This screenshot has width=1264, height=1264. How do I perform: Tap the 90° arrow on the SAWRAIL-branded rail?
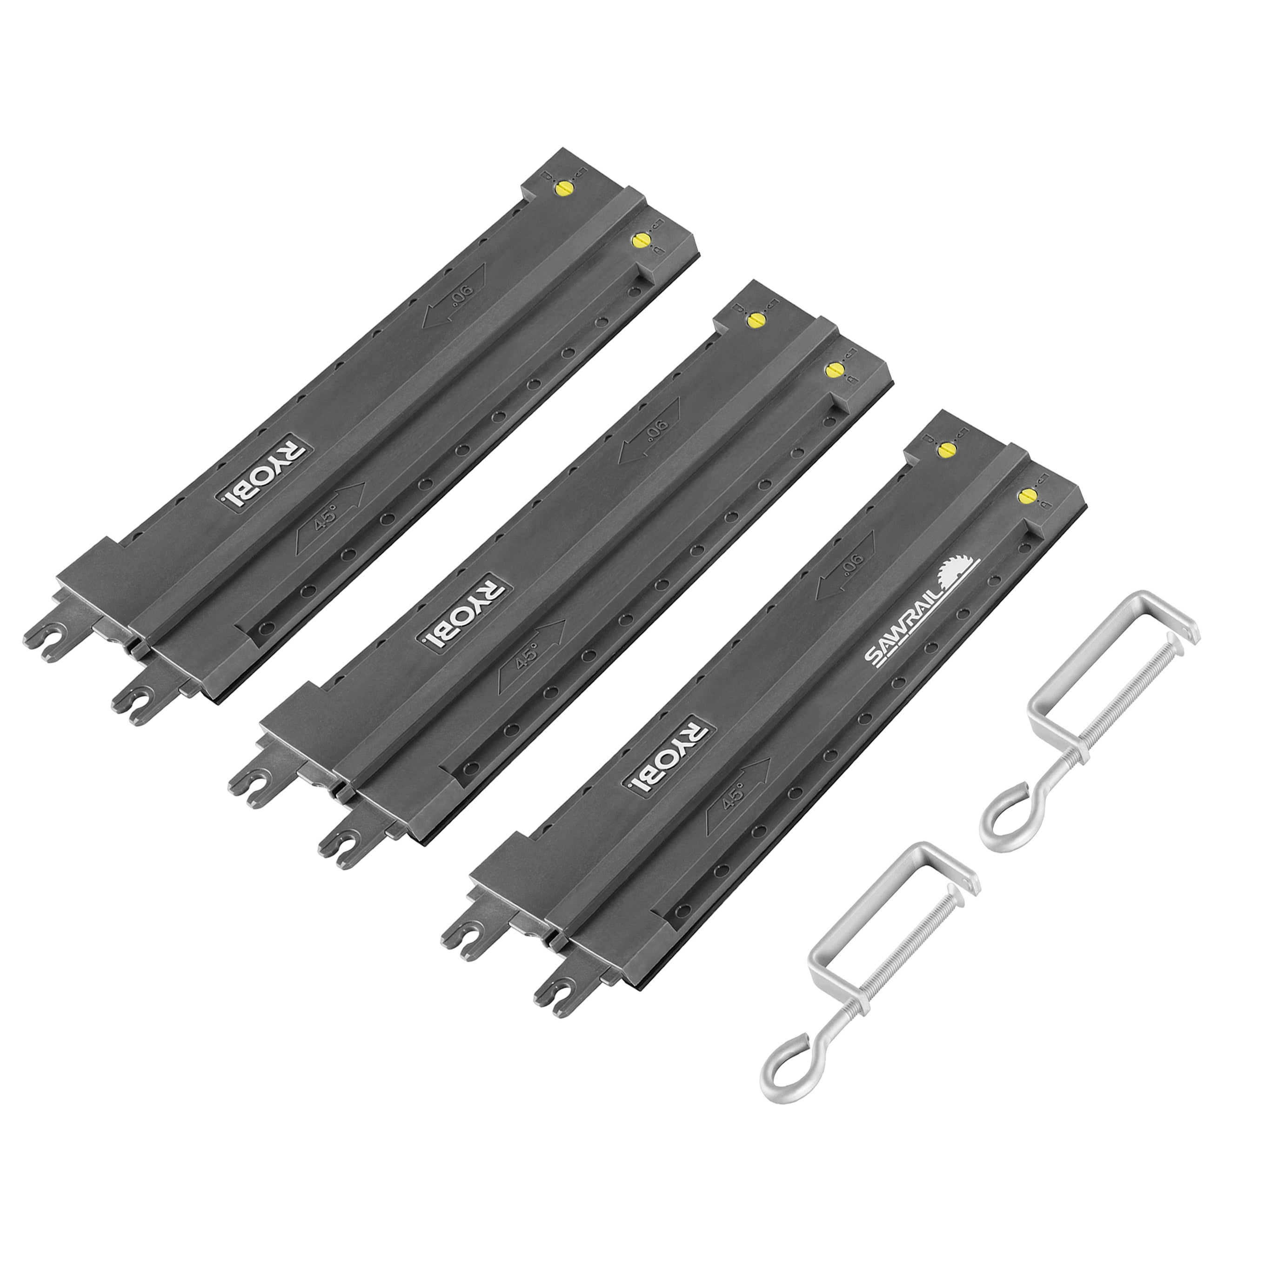pyautogui.click(x=845, y=565)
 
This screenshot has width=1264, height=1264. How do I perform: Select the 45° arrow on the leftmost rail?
pyautogui.click(x=330, y=515)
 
